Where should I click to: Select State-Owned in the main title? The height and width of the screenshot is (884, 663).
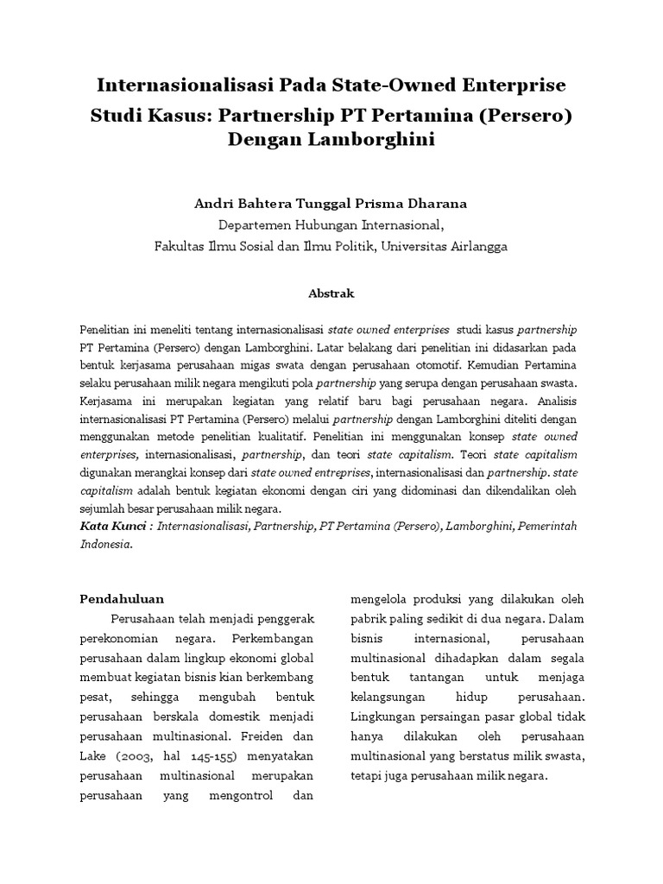(389, 86)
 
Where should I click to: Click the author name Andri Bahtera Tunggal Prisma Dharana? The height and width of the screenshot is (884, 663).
(331, 204)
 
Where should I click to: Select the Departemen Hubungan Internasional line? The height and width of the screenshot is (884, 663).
(331, 224)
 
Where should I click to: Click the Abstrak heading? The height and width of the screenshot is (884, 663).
(331, 294)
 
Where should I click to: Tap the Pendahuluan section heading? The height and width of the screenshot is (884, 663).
(122, 597)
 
